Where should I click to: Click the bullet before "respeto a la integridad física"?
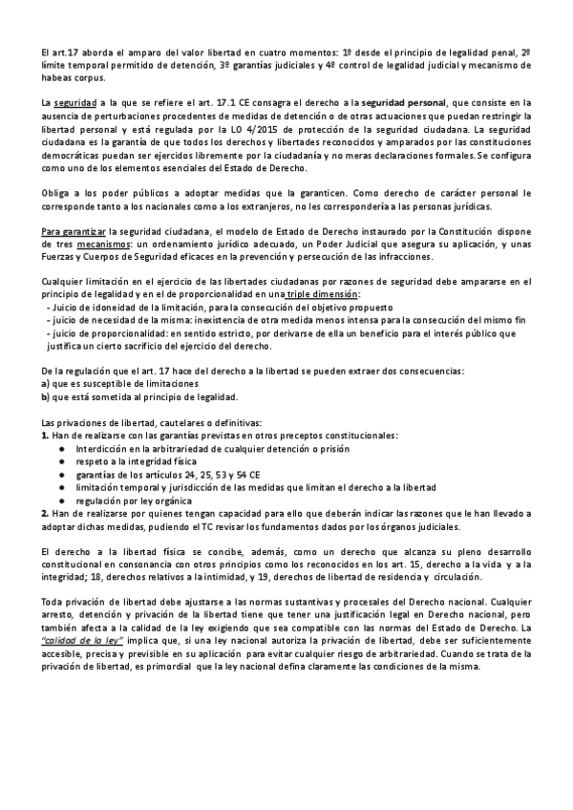tap(62, 460)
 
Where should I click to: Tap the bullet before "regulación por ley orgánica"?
tap(62, 500)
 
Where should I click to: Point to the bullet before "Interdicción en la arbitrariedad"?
tap(62, 448)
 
